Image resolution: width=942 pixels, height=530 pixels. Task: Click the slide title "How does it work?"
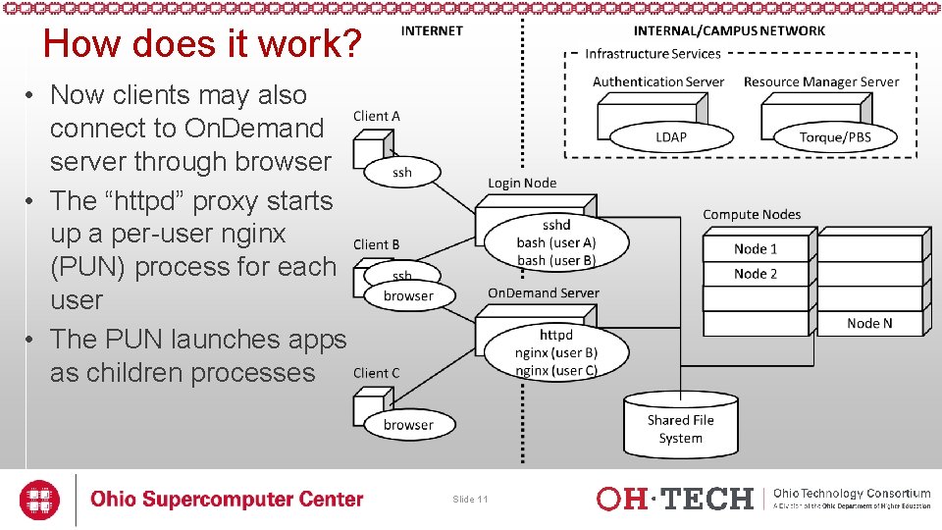click(x=203, y=44)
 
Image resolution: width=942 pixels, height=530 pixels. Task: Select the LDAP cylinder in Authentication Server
click(x=671, y=136)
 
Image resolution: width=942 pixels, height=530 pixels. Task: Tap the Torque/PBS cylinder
click(x=835, y=136)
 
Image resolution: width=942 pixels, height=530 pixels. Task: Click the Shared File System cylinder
click(x=680, y=428)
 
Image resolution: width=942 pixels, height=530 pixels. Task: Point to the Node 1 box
click(x=756, y=248)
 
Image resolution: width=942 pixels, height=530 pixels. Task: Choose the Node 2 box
click(x=756, y=274)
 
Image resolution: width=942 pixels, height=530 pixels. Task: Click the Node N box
click(x=870, y=323)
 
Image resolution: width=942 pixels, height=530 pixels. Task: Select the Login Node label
click(x=522, y=184)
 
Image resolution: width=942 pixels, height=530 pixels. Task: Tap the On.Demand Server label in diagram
click(x=543, y=293)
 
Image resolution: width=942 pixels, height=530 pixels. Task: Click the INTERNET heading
click(x=432, y=30)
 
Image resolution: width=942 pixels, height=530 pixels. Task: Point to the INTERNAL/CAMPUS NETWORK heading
click(x=729, y=30)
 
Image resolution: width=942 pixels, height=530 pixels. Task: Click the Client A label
click(x=377, y=116)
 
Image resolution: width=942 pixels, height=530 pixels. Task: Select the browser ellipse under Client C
click(x=408, y=425)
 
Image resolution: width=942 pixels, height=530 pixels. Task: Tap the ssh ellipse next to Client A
click(x=402, y=173)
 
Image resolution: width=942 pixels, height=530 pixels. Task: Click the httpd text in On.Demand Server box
click(x=556, y=335)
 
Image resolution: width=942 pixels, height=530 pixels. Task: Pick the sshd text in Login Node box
click(x=556, y=225)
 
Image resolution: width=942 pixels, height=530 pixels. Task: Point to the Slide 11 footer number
click(x=470, y=500)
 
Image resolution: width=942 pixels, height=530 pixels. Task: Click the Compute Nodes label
click(x=752, y=214)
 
